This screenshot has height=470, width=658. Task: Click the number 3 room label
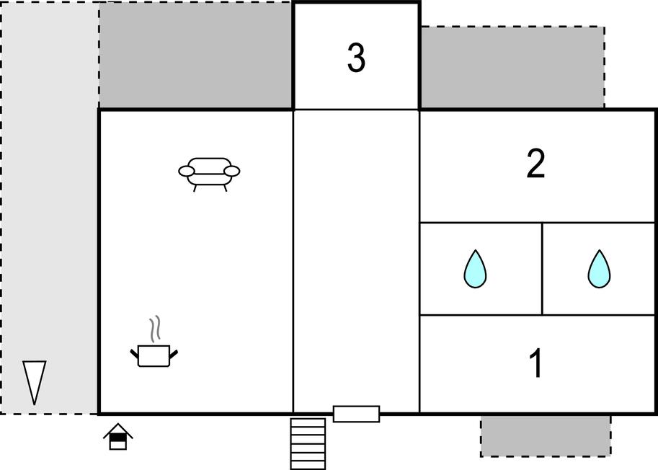[356, 58]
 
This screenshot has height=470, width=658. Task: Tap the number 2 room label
[536, 163]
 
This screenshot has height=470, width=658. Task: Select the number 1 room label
[536, 363]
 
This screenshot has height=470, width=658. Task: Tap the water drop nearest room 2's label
[475, 269]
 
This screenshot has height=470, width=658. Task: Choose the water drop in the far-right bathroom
[599, 269]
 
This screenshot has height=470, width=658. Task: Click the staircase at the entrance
[308, 443]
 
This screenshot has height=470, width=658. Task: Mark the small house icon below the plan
[118, 436]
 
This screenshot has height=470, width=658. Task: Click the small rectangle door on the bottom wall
[356, 414]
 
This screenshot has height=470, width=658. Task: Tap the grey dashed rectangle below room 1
[546, 435]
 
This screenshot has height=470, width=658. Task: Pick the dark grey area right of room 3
[512, 67]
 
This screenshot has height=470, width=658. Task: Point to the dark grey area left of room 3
[195, 55]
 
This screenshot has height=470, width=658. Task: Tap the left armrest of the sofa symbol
[187, 172]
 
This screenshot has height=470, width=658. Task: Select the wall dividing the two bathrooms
[542, 269]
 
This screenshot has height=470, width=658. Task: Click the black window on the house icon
[118, 438]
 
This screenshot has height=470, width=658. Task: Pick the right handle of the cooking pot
[173, 354]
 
